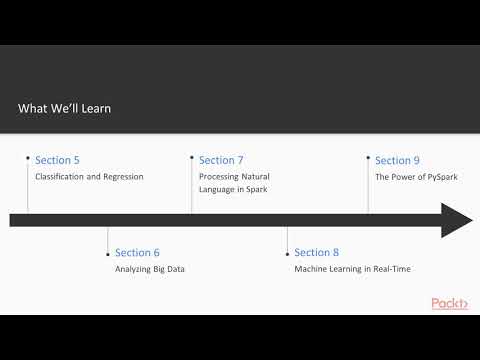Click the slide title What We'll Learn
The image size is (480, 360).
click(64, 108)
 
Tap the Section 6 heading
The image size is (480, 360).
click(137, 253)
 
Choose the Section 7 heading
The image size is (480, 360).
click(221, 160)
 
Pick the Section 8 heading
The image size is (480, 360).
click(317, 253)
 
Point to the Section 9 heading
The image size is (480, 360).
click(397, 160)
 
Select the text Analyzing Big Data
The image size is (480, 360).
click(150, 269)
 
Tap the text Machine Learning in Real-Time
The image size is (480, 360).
click(352, 269)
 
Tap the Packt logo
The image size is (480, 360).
click(449, 303)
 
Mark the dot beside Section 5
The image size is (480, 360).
click(27, 156)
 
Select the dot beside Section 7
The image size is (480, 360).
click(191, 156)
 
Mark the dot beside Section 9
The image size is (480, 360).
click(368, 156)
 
